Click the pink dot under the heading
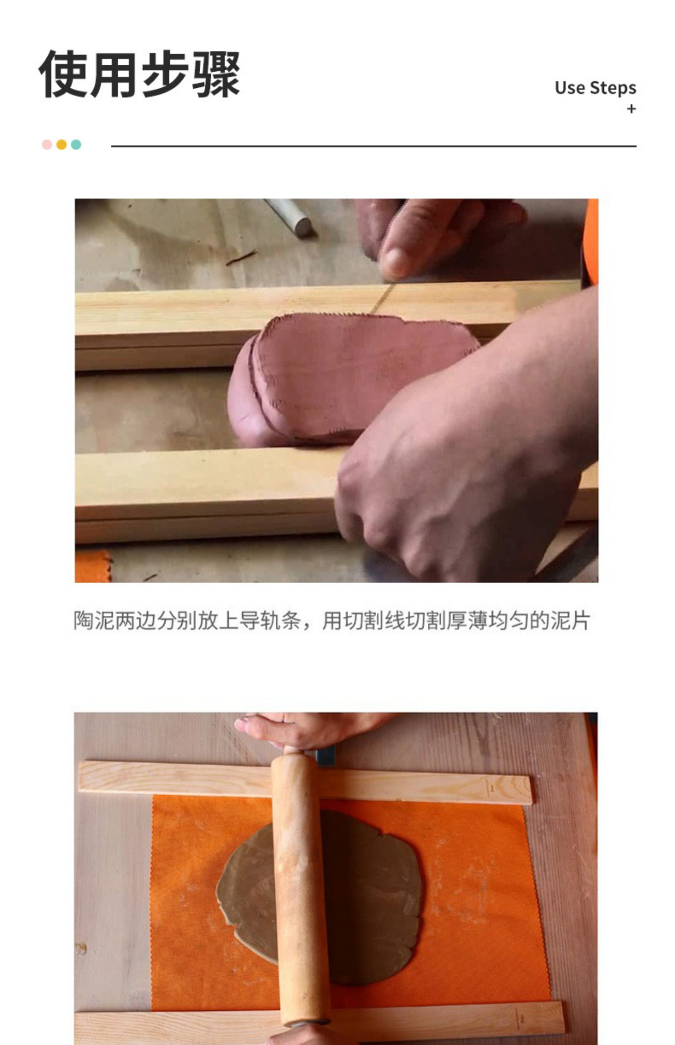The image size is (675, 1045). [x=47, y=144]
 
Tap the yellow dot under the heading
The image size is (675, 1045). [x=62, y=144]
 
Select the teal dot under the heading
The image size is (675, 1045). [x=76, y=144]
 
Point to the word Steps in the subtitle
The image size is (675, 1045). [x=613, y=89]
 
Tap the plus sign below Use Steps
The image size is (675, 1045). [x=631, y=109]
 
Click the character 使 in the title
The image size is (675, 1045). [x=63, y=74]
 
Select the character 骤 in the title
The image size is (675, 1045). [x=216, y=74]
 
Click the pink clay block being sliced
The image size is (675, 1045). [x=342, y=378]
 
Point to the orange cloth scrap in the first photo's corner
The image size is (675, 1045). [x=92, y=566]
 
